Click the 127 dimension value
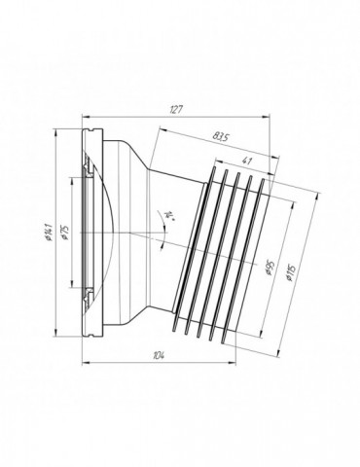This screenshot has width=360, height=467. coord(177,110)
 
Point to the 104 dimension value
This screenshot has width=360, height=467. coord(160,355)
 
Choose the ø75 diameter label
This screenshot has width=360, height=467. coord(65,233)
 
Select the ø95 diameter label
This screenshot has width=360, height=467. coord(270,268)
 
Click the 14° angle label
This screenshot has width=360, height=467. coord(170,215)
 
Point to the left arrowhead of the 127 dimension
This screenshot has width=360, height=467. coord(85,118)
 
